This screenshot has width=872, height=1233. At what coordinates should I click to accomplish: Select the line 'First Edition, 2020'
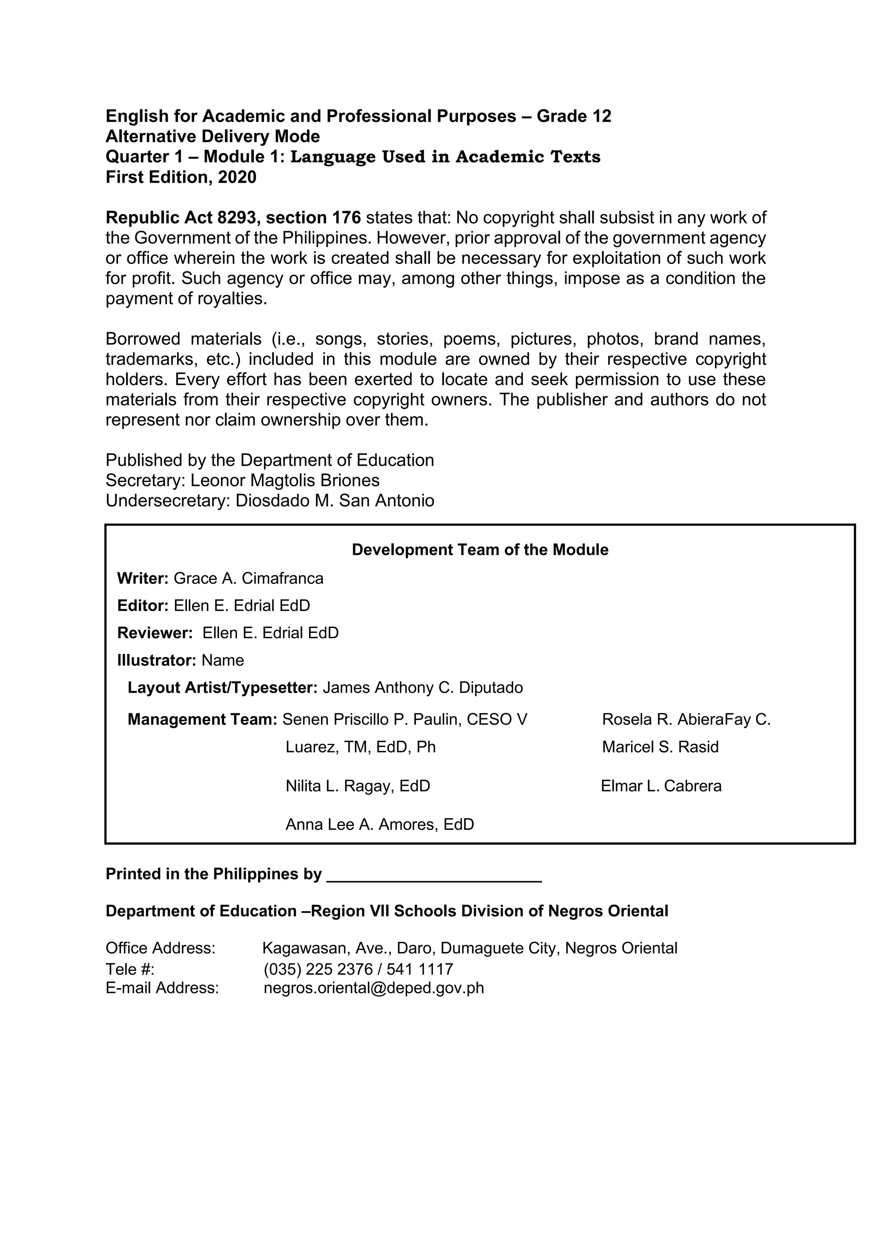(x=181, y=177)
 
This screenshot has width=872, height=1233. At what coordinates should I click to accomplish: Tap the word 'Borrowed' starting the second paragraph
(x=143, y=339)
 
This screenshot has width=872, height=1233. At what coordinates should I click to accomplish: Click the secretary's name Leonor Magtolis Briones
(x=284, y=480)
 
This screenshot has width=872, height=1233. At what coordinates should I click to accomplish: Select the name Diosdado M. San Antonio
(x=335, y=501)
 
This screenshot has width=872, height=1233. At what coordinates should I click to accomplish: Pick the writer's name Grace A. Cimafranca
(x=249, y=578)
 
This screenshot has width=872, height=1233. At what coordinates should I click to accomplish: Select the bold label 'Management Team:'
(x=202, y=719)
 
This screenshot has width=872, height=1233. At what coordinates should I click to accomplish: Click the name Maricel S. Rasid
(x=660, y=746)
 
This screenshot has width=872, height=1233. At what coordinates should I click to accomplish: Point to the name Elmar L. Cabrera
(x=661, y=786)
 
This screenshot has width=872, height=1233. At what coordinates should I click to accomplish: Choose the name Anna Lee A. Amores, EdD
(x=380, y=824)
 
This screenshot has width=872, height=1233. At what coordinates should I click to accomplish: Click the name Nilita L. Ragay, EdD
(x=358, y=786)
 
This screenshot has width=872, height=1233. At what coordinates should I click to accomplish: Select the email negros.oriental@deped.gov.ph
(x=374, y=988)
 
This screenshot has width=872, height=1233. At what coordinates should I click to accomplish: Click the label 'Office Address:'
(x=160, y=948)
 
